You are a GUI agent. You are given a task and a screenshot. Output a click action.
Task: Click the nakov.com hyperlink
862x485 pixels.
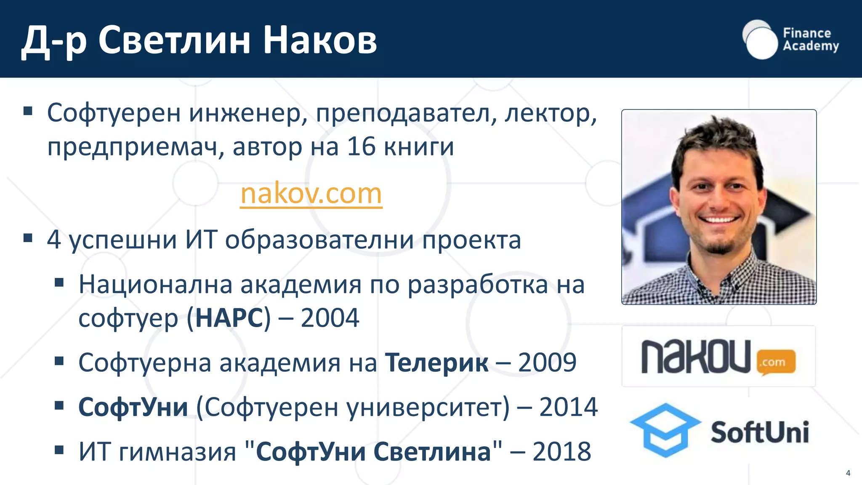pos(311,194)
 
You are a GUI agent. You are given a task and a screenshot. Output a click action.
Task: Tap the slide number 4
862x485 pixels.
pos(848,473)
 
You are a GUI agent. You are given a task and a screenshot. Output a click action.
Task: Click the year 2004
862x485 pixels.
pos(330,318)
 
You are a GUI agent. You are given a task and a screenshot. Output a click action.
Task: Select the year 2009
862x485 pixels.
pos(547,362)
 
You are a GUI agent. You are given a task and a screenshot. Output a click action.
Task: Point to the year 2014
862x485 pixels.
pos(568,407)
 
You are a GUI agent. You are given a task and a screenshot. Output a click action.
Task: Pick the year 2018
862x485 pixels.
pos(561,452)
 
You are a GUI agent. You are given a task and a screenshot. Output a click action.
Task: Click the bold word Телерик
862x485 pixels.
pos(437,362)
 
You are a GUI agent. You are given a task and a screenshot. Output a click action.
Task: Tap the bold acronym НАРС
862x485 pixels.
pos(229,318)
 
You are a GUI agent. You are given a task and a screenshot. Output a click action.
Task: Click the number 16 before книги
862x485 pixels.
pos(361,147)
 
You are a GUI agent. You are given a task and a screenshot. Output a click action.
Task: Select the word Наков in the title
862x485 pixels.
pos(320,40)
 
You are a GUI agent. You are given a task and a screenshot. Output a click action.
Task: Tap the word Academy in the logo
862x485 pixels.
pos(811,46)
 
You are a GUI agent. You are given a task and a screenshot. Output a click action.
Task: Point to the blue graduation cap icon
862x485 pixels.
pos(665,429)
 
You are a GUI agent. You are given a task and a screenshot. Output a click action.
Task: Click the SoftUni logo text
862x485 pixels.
pos(760,432)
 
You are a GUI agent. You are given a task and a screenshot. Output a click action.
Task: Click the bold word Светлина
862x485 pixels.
pos(432,452)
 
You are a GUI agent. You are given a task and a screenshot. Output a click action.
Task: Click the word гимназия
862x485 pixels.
pos(178,452)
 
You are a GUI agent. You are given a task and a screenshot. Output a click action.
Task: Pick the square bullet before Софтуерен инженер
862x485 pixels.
pos(28,111)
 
